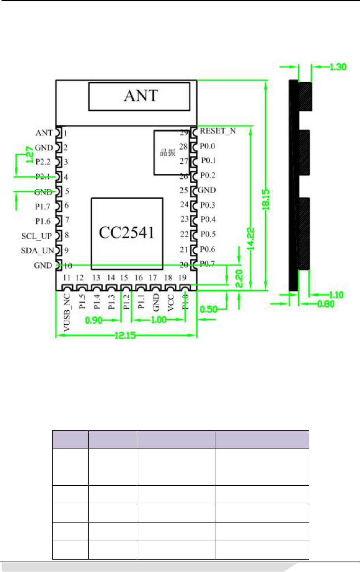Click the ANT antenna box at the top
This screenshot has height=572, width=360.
139,96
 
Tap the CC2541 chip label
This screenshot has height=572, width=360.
127,233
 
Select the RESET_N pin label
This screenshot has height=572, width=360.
218,131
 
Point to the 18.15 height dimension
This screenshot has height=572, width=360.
266,200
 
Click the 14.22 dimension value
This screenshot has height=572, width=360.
251,238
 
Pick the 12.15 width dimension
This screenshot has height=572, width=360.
125,335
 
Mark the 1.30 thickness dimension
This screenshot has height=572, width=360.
338,67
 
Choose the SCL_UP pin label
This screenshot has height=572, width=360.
36,236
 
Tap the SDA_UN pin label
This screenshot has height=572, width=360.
37,251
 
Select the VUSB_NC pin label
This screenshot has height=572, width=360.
67,313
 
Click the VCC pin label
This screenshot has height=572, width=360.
171,303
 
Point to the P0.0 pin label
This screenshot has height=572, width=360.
207,146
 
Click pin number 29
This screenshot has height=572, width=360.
184,133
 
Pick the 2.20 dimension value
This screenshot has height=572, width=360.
239,279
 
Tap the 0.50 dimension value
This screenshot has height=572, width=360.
208,309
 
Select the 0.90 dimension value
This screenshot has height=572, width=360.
94,320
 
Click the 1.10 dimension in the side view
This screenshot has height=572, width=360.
336,295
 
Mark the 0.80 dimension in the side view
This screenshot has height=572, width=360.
326,304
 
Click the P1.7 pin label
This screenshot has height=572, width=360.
43,207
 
